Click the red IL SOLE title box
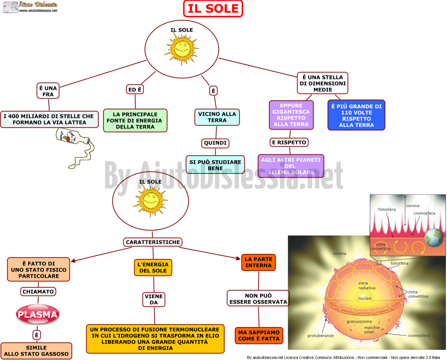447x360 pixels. pyautogui.click(x=213, y=8)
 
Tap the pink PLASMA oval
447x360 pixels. pyautogui.click(x=37, y=314)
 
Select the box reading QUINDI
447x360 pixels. pyautogui.click(x=215, y=143)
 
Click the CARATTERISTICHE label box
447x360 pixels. pyautogui.click(x=153, y=242)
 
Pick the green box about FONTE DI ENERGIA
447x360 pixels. pyautogui.click(x=135, y=120)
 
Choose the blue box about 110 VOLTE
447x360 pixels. pyautogui.click(x=356, y=115)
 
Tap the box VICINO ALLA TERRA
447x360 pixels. pyautogui.click(x=217, y=117)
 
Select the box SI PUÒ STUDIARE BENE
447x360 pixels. pyautogui.click(x=215, y=165)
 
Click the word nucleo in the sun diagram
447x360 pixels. pyautogui.click(x=365, y=298)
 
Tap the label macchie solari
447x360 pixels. pyautogui.click(x=372, y=330)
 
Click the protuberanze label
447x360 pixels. pyautogui.click(x=320, y=336)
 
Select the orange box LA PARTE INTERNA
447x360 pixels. pyautogui.click(x=259, y=262)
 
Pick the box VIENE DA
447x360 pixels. pyautogui.click(x=154, y=299)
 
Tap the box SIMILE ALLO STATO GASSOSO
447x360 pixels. pyautogui.click(x=36, y=351)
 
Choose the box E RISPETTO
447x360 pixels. pyautogui.click(x=289, y=142)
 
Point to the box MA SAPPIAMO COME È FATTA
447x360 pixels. pyautogui.click(x=259, y=336)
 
